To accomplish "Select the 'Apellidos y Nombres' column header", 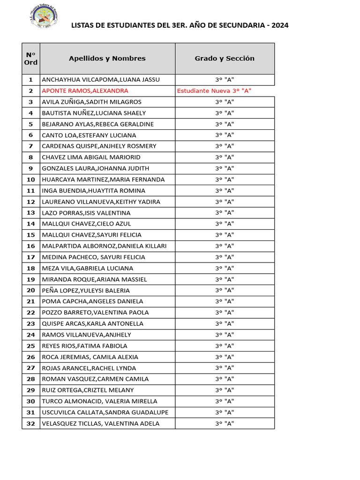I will point(107,59).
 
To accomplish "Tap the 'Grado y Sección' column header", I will point(225,59).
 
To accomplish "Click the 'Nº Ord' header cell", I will point(31,59).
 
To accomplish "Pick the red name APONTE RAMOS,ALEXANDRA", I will point(85,91).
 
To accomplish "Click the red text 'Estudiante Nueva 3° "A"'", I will point(214,91).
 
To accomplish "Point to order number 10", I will point(31,180).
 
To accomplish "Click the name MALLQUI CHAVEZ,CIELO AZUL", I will point(87,224).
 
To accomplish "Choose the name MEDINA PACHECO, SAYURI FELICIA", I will point(94,257).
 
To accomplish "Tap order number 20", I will point(31,291).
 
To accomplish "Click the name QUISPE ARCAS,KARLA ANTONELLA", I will point(92,324).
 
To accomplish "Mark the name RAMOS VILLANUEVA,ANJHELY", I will point(87,335).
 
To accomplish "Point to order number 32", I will point(31,424).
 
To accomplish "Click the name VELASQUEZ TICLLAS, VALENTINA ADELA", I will point(101,424).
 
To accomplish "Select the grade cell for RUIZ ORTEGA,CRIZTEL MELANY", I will point(225,390).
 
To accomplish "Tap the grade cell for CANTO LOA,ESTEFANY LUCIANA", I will point(225,135).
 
